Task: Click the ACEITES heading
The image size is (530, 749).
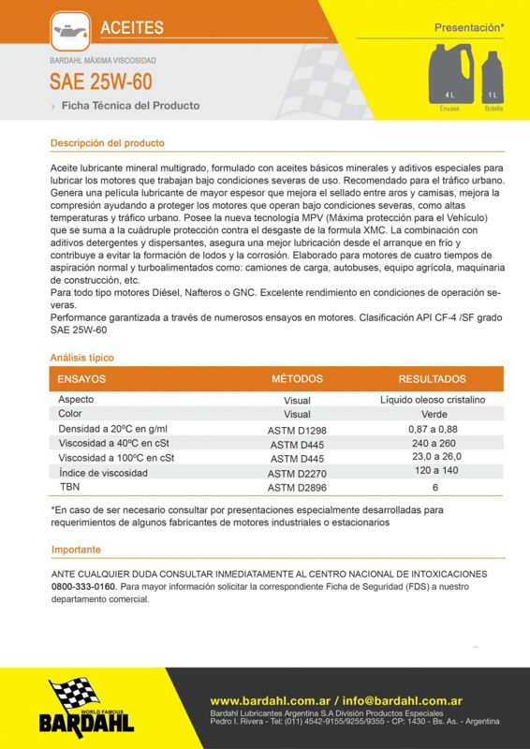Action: tap(132, 29)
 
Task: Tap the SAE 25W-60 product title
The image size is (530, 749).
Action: tap(100, 82)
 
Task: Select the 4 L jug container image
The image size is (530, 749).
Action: tap(449, 76)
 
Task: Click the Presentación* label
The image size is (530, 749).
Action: tap(469, 28)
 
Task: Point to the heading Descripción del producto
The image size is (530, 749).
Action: tap(107, 143)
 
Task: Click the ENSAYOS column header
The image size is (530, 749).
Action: tap(81, 379)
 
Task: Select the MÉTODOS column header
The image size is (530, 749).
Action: tap(297, 379)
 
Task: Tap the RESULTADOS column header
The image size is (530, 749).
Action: tap(432, 379)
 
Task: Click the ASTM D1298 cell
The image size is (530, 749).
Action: tap(297, 429)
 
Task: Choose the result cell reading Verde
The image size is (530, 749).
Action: tap(434, 413)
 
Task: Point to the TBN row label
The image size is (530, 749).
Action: tap(69, 487)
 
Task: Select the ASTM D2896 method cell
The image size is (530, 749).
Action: tap(297, 488)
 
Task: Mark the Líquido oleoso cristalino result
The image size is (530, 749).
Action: tap(433, 400)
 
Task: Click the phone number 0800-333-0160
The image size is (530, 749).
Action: tap(83, 586)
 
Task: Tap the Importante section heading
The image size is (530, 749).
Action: tap(76, 550)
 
